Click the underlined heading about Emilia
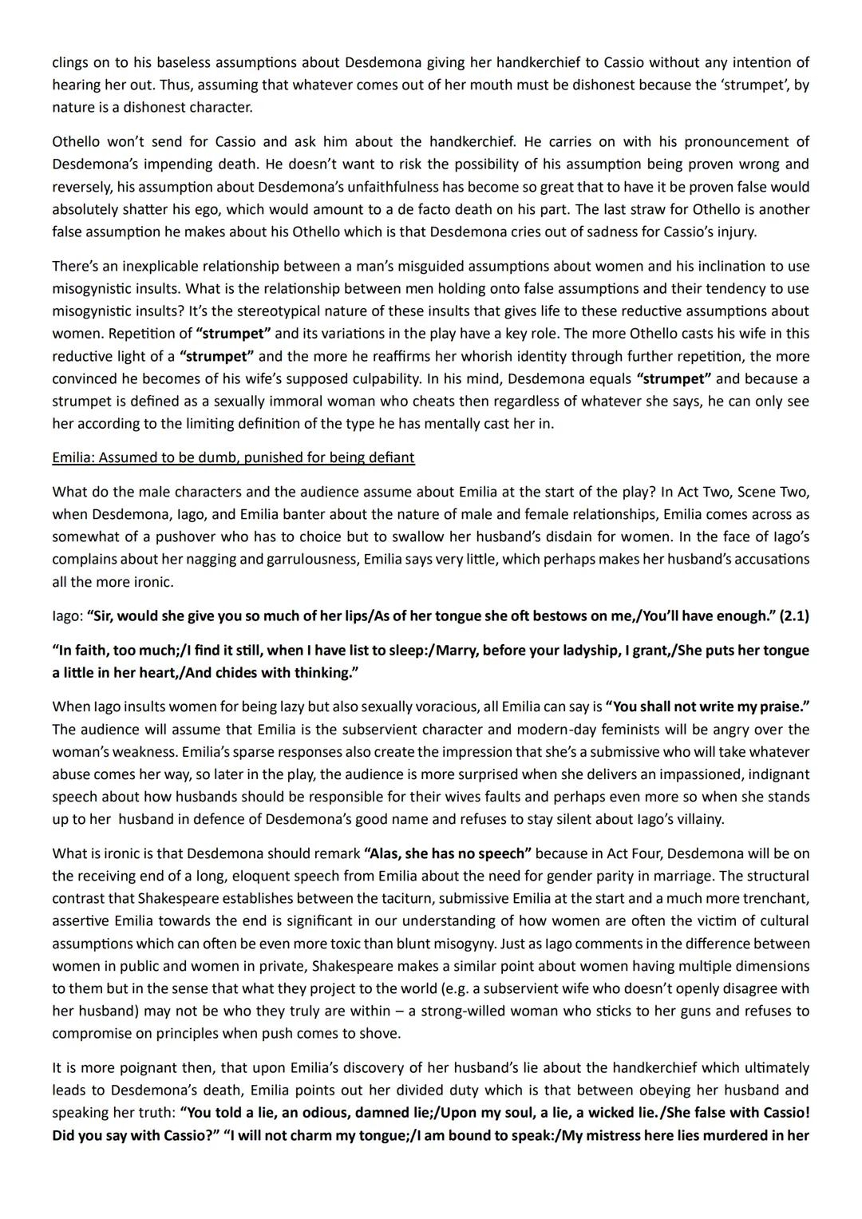[233, 457]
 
